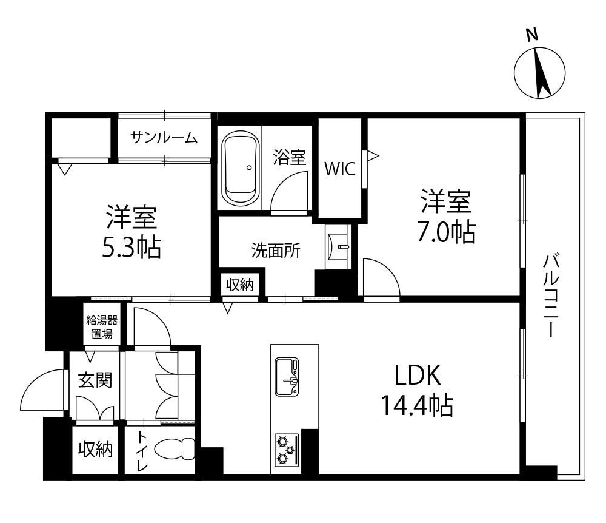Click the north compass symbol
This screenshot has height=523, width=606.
tap(539, 73)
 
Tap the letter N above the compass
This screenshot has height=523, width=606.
tap(532, 36)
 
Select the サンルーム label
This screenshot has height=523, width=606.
tap(164, 138)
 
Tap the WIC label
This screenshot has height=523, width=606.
tap(339, 169)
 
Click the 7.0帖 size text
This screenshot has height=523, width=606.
tap(445, 232)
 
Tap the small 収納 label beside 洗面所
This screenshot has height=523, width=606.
tap(239, 284)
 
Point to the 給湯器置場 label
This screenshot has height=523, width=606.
tap(102, 327)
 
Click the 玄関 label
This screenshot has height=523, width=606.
tap(95, 380)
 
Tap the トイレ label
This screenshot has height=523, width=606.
tap(142, 451)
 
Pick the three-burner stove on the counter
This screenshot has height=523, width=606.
tap(287, 450)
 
